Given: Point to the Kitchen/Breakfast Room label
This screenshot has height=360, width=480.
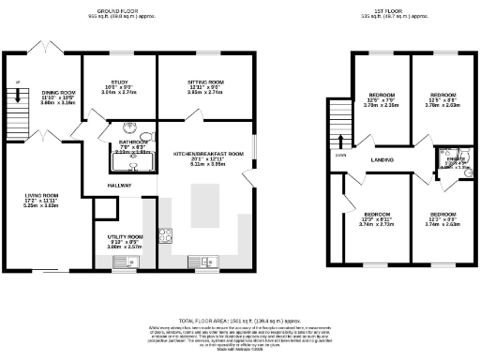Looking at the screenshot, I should (208, 157).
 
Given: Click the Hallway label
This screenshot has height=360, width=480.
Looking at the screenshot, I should (118, 186).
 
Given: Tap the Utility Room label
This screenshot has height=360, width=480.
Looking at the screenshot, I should (124, 240).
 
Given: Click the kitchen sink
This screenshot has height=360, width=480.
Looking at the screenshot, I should (201, 261).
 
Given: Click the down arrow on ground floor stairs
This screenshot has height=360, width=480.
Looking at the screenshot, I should (15, 91).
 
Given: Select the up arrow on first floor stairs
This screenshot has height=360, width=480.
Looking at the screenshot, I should (340, 141).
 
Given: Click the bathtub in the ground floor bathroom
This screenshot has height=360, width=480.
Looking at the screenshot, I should (132, 163).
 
